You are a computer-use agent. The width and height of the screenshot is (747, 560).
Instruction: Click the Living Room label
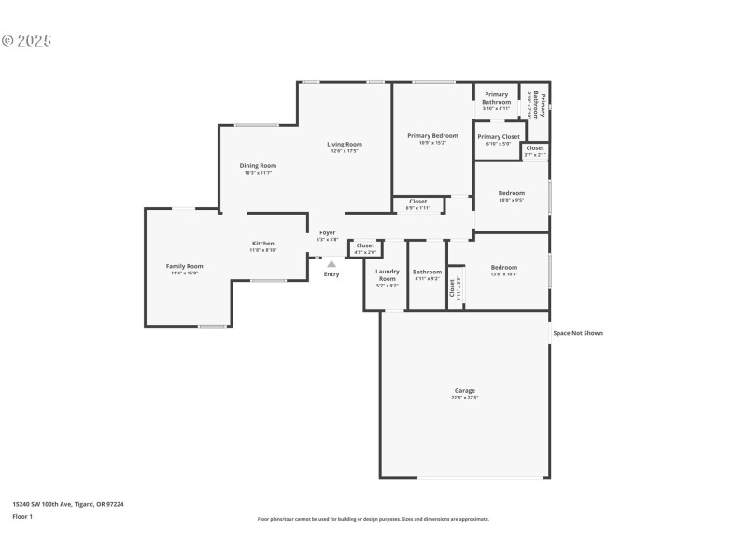pos(345,144)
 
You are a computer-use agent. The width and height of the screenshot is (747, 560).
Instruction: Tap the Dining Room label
pos(258,165)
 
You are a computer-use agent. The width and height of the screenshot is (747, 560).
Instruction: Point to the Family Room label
pos(184,266)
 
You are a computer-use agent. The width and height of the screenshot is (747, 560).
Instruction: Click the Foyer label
pos(327,232)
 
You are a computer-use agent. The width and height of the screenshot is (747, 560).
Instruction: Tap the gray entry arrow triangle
pos(331,264)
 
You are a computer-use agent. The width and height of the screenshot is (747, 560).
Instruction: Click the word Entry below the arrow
pos(331,274)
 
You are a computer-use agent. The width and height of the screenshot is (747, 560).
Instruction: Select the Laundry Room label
pos(387,274)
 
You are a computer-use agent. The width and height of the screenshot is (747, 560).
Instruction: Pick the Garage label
pos(464,390)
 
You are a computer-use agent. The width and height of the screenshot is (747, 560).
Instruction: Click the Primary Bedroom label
pos(432,135)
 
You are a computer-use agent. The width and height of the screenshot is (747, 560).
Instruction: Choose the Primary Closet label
pos(498,136)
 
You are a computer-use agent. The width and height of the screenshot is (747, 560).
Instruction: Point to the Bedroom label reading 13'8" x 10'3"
pos(504,273)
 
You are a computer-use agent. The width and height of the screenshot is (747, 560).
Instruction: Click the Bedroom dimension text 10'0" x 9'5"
pos(511,200)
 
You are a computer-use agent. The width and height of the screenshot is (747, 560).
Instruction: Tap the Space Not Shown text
pos(577,332)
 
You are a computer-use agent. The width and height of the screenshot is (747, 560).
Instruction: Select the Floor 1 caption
pos(22,516)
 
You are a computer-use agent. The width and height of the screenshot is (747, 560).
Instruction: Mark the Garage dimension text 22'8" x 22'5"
pos(464,398)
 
